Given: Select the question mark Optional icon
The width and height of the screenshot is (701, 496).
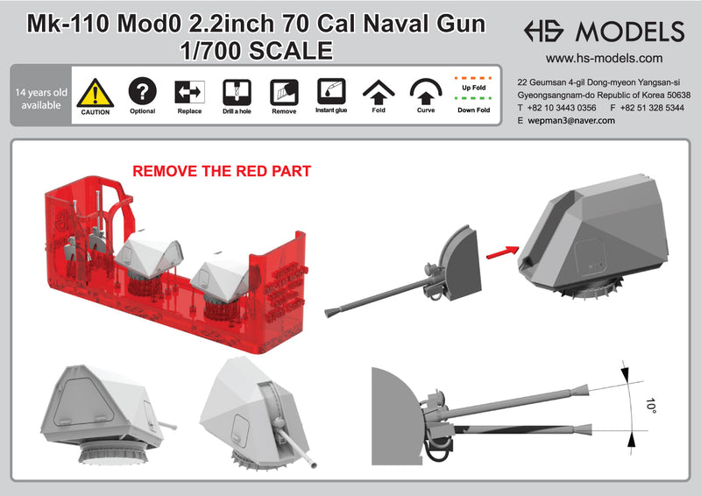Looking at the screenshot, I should click(x=142, y=91).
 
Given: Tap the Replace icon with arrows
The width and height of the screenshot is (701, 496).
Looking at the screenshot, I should click(x=188, y=92).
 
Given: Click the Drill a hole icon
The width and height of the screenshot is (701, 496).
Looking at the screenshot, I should click(x=236, y=92).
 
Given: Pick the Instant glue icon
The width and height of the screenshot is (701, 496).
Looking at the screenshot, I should click(x=330, y=92).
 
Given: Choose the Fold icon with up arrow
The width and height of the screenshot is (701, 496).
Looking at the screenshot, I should click(x=378, y=92).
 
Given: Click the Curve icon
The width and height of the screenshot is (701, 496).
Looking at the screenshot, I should click(x=425, y=92).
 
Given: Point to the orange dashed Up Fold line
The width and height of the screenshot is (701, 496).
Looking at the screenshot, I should click(x=473, y=78).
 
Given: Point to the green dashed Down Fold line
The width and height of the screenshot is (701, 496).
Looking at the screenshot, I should click(x=473, y=99).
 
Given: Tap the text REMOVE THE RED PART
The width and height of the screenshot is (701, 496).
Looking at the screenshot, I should click(x=221, y=172).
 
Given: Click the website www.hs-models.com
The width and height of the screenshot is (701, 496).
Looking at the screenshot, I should click(x=604, y=59).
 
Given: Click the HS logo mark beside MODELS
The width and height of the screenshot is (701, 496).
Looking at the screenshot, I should click(x=549, y=32).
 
